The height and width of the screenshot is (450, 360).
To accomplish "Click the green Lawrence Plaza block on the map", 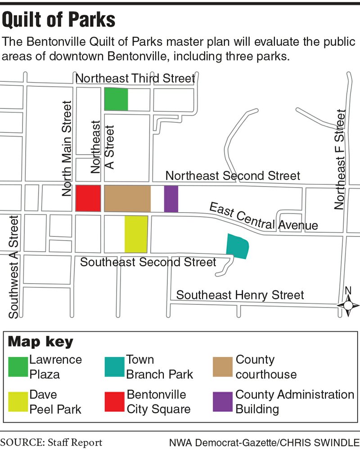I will coord(116,99).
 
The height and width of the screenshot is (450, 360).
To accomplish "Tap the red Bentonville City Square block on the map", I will coord(88,198).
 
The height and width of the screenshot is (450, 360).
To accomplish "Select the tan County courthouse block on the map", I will coord(127,198).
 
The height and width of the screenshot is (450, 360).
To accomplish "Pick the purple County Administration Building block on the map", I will coord(171,198).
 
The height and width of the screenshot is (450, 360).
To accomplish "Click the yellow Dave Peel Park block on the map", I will coord(136,234).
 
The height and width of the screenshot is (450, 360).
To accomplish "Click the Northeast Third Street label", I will coord(135,79).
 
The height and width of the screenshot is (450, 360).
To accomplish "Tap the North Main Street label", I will coord(67,148).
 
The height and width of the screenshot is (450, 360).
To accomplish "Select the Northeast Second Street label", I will coord(233,175).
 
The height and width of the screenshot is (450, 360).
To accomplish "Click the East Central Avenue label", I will coord(263,218).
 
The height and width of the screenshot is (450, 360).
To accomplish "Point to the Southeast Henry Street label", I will coord(240,295).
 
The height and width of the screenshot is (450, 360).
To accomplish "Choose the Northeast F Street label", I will coord(340,160).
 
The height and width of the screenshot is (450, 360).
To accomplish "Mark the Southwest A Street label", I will coord(14,267).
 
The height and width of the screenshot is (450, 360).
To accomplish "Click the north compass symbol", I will coord(348,304).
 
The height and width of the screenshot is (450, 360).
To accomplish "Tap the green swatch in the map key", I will coord(18,367).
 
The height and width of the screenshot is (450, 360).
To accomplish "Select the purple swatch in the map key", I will coord(224,402).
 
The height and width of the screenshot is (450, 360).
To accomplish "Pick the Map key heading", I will coord(40,342).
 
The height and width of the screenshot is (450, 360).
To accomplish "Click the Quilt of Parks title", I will coord(59,20).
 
